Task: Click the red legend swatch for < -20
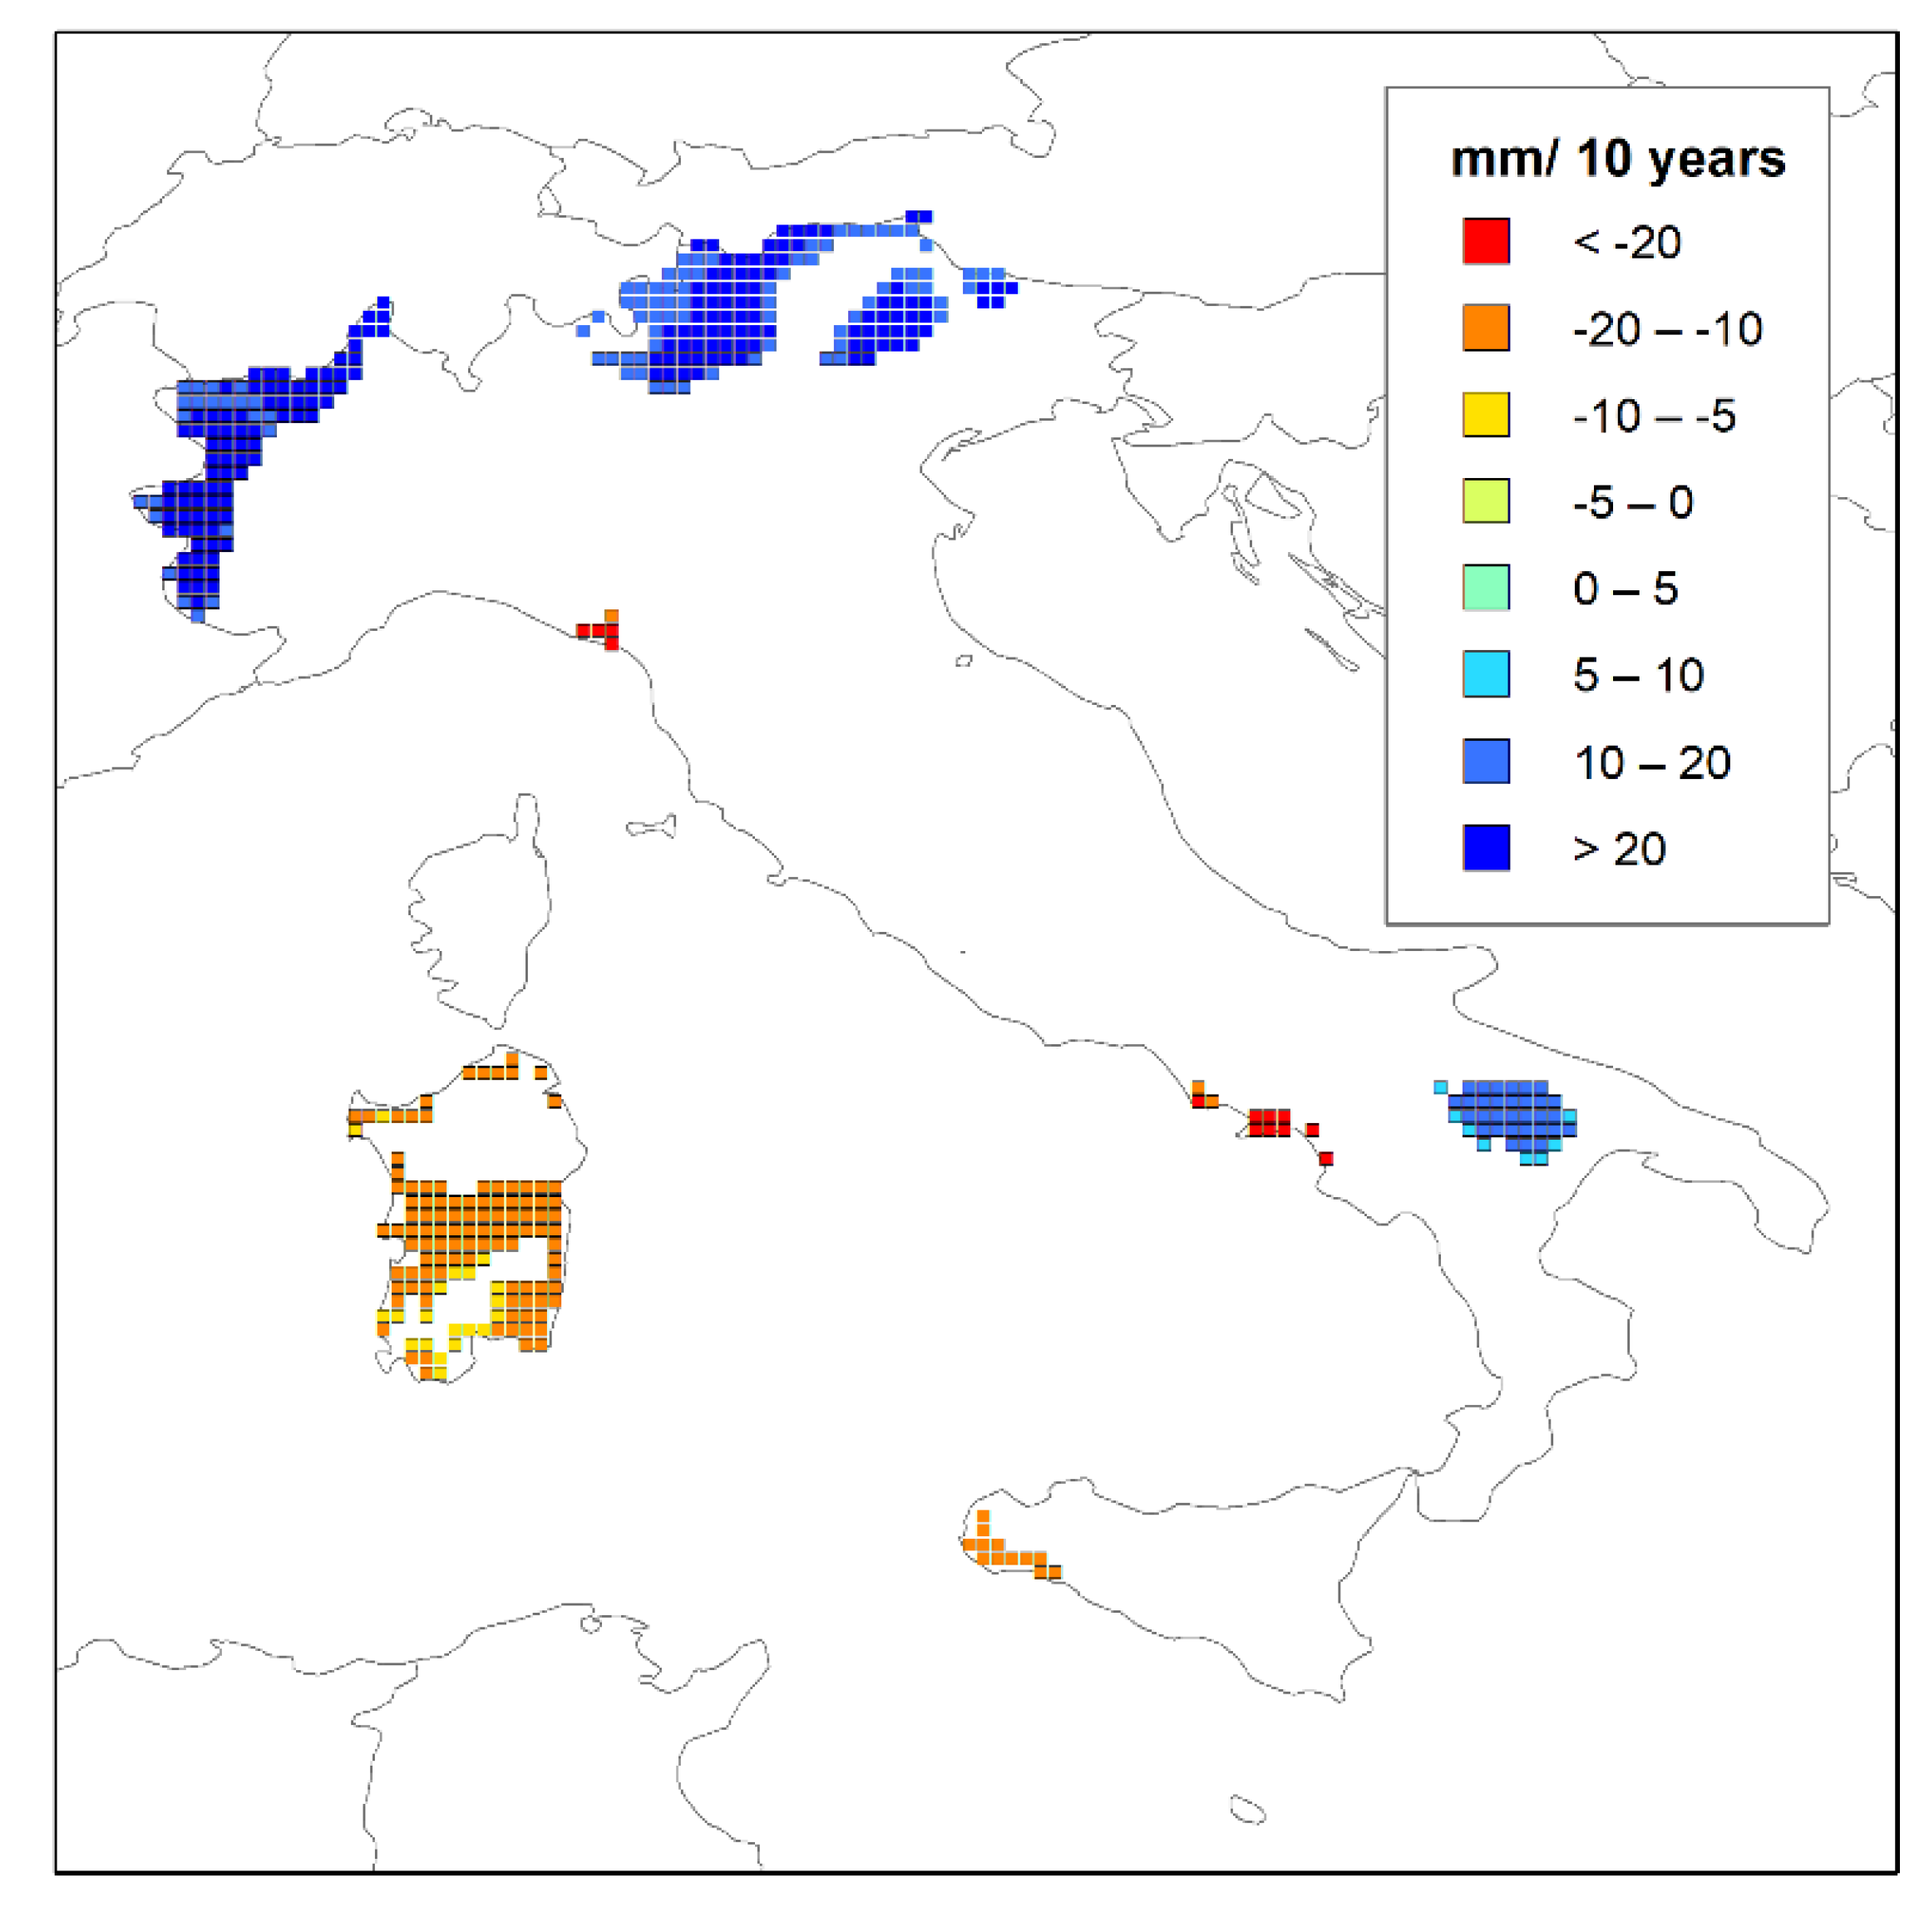(x=1486, y=242)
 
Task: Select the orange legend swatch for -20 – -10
(x=1486, y=328)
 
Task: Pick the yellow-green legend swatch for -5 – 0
(x=1486, y=501)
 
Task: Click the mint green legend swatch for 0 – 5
(x=1486, y=588)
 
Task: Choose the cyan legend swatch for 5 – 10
(x=1486, y=675)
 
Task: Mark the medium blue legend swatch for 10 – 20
(x=1486, y=761)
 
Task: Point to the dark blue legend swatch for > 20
(x=1486, y=849)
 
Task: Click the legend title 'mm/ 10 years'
(x=1617, y=160)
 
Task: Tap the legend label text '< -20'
(x=1626, y=243)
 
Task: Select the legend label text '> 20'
(x=1620, y=850)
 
